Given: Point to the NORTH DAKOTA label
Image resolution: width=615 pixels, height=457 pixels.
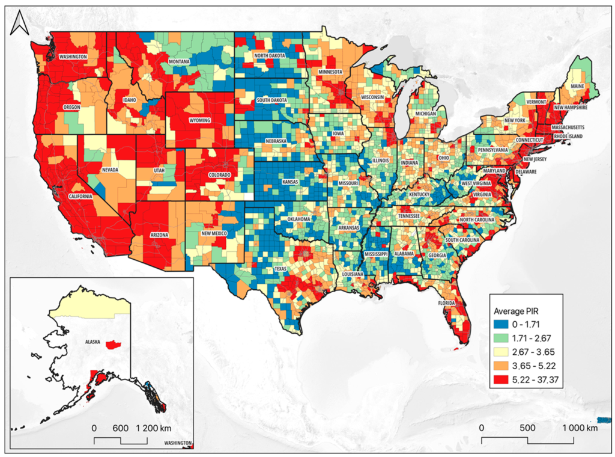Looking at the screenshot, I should point(268,56).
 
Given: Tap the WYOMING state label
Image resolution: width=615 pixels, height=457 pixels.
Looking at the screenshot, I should point(200,120).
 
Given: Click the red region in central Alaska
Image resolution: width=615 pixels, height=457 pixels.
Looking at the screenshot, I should point(114,345).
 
